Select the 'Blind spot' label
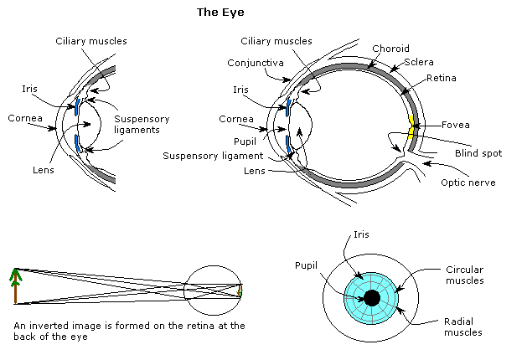pyautogui.click(x=473, y=153)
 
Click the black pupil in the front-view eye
pyautogui.click(x=372, y=298)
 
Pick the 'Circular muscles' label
pyautogui.click(x=464, y=275)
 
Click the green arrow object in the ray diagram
pyautogui.click(x=15, y=285)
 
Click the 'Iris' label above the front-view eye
pyautogui.click(x=360, y=235)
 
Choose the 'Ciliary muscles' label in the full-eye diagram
pyautogui.click(x=276, y=40)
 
